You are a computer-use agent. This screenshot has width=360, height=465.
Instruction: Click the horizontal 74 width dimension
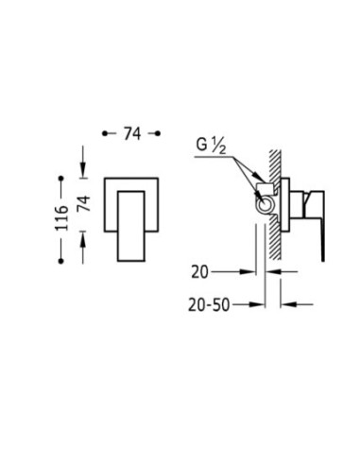click(132, 133)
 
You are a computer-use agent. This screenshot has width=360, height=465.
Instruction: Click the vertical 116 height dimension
click(61, 218)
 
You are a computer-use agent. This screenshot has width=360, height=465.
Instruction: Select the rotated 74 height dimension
click(83, 203)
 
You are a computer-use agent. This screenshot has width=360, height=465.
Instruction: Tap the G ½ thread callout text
click(211, 146)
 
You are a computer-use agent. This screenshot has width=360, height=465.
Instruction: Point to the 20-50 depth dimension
click(209, 304)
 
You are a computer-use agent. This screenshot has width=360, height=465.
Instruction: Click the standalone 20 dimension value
click(199, 272)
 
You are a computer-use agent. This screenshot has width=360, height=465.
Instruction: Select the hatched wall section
click(275, 205)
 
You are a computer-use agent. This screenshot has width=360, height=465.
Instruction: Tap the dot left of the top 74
click(105, 133)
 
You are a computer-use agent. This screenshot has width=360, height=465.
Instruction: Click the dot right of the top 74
click(158, 133)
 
